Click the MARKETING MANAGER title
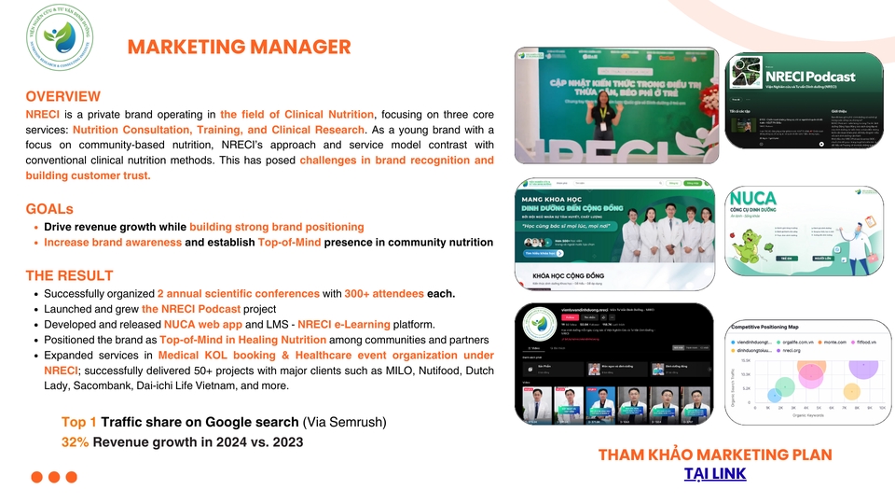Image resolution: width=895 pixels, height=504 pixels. click(239, 48)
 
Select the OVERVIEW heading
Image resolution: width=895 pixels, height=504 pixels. click(63, 96)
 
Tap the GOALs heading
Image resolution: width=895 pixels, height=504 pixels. click(49, 208)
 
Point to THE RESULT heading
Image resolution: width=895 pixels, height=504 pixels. click(70, 275)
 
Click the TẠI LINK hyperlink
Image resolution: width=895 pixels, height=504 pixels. click(715, 474)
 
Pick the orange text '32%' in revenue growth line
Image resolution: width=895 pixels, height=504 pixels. click(75, 441)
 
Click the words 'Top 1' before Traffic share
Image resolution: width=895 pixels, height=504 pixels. click(78, 422)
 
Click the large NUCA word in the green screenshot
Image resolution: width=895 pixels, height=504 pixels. click(753, 199)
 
